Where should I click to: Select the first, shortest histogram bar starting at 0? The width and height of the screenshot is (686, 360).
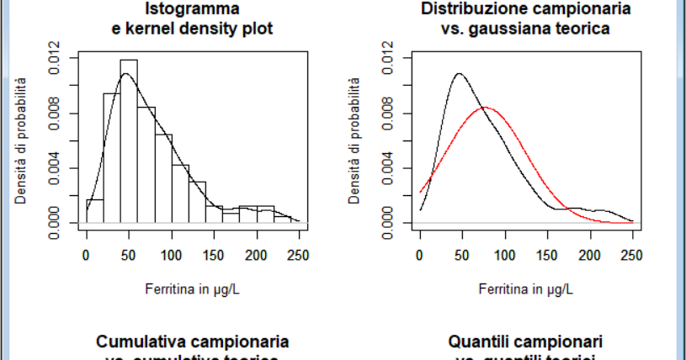[94, 210]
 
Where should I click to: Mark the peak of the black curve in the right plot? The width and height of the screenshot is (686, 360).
[459, 73]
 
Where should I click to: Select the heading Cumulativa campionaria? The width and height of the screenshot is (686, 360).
[193, 342]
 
